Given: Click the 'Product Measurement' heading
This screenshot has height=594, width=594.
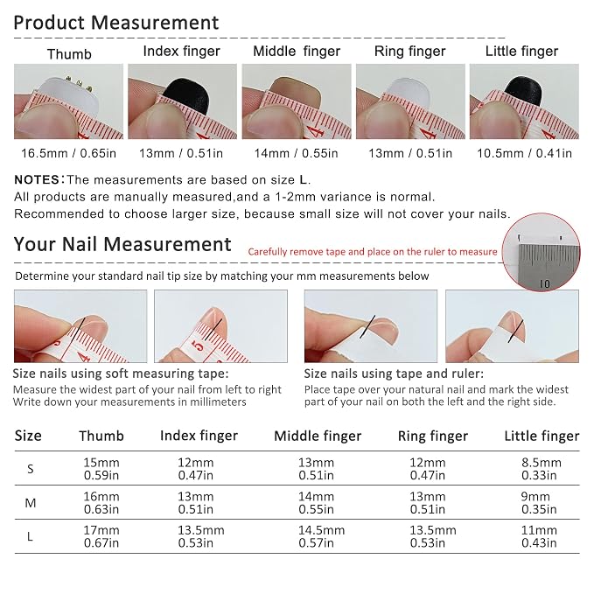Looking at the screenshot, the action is click(116, 23).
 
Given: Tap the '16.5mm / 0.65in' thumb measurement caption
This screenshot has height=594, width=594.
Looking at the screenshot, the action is click(68, 153).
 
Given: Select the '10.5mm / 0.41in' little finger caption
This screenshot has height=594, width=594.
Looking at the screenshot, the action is click(524, 153).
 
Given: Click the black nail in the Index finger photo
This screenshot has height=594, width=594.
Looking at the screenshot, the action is click(186, 94).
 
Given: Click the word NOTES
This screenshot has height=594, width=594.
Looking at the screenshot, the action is click(37, 179).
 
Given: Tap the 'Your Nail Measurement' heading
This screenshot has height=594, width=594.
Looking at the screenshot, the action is click(122, 244).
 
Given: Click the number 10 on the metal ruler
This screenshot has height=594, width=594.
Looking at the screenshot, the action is click(544, 283).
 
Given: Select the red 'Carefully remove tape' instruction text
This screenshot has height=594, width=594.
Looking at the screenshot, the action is click(373, 252).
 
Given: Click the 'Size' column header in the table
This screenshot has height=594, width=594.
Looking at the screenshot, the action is click(28, 436).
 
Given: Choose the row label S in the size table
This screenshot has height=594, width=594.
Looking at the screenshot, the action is click(31, 469).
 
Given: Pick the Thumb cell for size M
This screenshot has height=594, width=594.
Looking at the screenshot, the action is click(101, 503).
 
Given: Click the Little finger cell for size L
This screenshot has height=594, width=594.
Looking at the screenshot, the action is click(539, 536).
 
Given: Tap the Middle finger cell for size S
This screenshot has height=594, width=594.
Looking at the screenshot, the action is click(317, 469).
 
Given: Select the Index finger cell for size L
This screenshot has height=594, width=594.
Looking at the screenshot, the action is click(201, 536).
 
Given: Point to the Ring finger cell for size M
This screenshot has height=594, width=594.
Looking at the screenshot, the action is click(428, 503).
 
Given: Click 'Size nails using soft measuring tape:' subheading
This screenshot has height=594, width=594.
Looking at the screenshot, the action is click(121, 374).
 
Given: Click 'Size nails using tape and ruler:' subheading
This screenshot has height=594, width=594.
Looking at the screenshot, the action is click(394, 374).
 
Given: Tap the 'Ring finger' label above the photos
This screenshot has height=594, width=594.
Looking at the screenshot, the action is click(410, 52).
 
